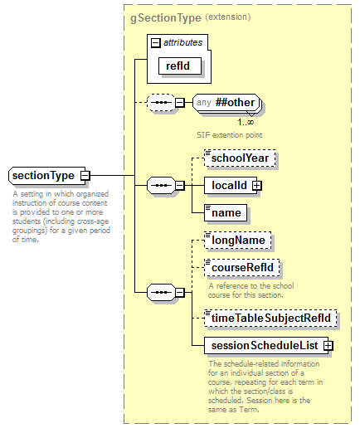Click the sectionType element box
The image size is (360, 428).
(x=44, y=176)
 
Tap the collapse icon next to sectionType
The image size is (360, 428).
(x=85, y=176)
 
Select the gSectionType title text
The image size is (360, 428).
(x=165, y=17)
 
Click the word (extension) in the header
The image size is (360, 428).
(x=228, y=17)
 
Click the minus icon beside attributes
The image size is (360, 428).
(x=155, y=41)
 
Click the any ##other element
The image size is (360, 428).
(x=226, y=103)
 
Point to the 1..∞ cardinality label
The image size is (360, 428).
(x=246, y=122)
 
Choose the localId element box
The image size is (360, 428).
(x=228, y=185)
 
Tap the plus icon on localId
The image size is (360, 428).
(x=257, y=185)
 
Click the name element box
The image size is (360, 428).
(x=225, y=213)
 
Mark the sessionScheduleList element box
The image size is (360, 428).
(x=265, y=345)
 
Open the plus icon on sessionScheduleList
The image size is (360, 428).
(x=328, y=345)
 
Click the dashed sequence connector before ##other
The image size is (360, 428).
(x=158, y=103)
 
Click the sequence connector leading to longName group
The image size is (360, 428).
(x=158, y=292)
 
